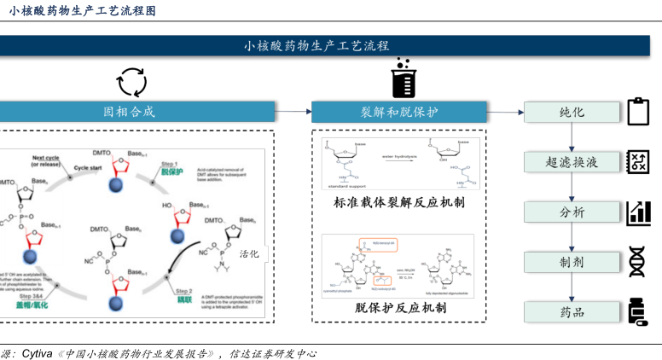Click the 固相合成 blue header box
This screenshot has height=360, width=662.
136,112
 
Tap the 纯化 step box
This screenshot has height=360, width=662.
572,112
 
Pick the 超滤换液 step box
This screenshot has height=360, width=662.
572,162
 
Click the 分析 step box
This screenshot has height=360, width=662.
572,212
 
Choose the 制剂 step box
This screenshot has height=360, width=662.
572,262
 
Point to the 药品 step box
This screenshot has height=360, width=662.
572,312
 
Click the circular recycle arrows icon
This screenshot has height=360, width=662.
131,82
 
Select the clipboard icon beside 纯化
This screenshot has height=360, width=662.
638,112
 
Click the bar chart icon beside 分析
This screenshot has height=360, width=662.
638,212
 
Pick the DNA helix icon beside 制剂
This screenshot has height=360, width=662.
638,261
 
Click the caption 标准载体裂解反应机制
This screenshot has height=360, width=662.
399,203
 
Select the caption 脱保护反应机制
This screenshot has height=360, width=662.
399,308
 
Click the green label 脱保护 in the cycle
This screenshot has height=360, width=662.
171,171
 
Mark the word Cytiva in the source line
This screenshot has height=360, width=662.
38,352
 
